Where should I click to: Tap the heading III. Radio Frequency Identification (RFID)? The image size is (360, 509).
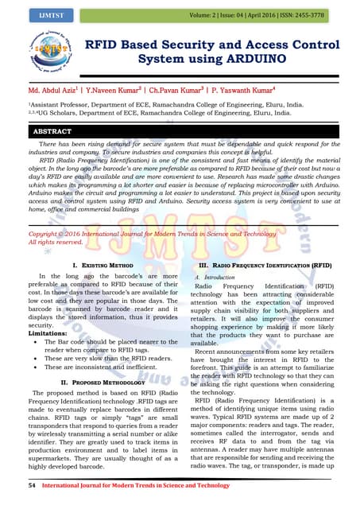pos(265,263)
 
